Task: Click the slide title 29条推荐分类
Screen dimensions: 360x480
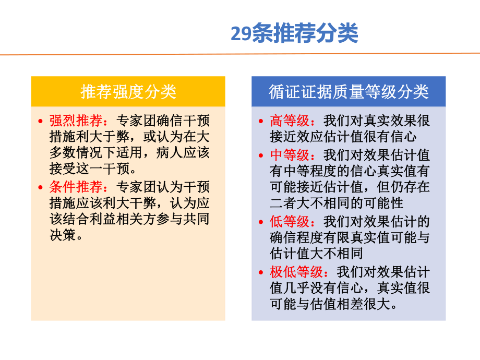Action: [294, 34]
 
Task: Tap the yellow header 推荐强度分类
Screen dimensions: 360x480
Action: [128, 92]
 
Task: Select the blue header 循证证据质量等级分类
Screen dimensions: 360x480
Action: [349, 92]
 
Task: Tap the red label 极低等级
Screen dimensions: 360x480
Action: [296, 271]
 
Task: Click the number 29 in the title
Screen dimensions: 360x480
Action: [241, 34]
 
